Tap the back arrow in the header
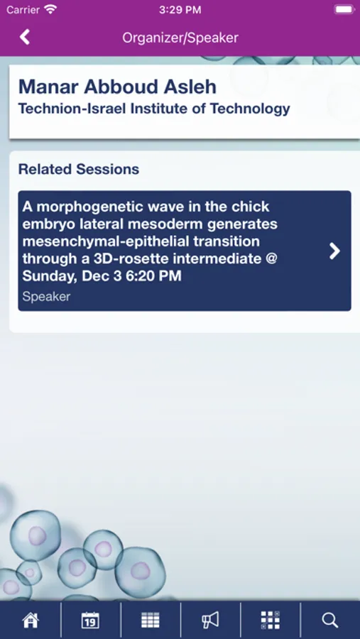click(24, 37)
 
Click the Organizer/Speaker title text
click(180, 38)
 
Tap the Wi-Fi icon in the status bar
click(50, 9)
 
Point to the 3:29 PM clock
click(180, 10)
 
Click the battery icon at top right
click(344, 9)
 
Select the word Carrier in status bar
click(23, 10)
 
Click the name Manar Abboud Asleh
click(117, 87)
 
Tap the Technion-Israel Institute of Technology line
click(154, 109)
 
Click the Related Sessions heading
click(79, 169)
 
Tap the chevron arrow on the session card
click(334, 251)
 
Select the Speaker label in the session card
click(46, 296)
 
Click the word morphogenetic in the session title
click(89, 207)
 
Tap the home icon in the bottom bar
click(30, 621)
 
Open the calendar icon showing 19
click(90, 621)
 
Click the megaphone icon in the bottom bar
click(210, 621)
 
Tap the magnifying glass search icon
click(330, 621)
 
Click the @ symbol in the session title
click(271, 258)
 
